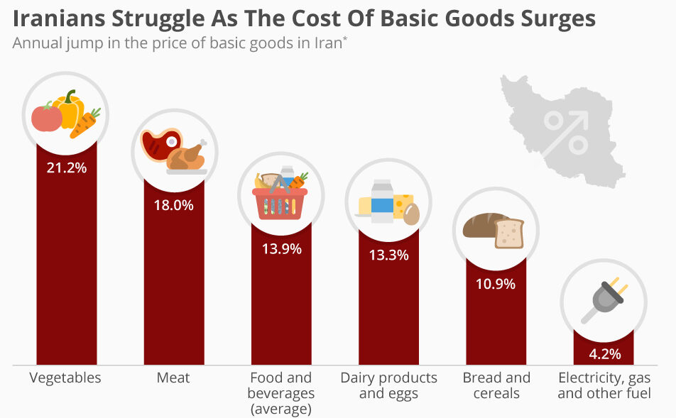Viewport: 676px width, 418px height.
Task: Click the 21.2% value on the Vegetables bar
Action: point(66,168)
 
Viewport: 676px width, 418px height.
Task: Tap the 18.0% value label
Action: point(174,205)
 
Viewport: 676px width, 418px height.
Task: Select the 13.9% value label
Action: point(282,248)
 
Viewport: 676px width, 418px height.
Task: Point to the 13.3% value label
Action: point(388,255)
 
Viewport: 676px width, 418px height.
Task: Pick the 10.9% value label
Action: point(496,284)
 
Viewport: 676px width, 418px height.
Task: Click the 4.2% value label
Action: point(604,353)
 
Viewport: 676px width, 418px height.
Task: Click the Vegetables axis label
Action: point(65,378)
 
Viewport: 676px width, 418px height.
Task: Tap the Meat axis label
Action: point(173,378)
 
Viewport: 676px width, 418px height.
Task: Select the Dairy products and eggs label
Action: point(388,385)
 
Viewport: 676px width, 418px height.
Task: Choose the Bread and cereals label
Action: point(496,385)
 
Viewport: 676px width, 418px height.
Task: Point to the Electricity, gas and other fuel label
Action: point(604,385)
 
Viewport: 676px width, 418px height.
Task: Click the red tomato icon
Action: point(47,118)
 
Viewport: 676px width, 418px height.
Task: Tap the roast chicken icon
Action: point(187,156)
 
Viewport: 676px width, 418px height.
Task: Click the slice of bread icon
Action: point(509,233)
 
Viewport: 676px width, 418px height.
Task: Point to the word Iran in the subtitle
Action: point(328,42)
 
